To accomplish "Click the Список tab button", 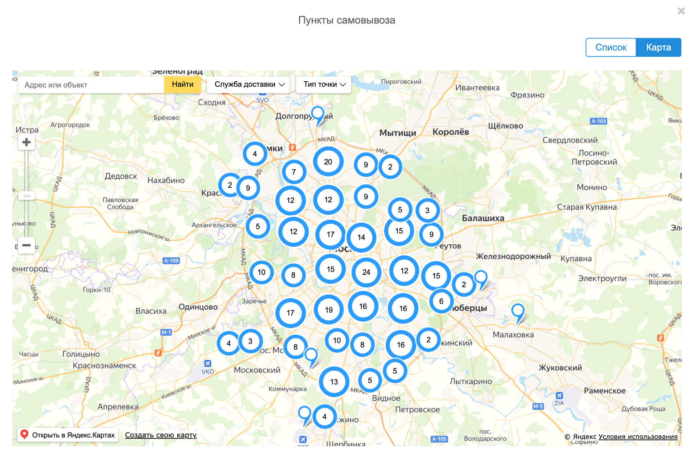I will [611, 48].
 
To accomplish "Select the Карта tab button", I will [658, 48].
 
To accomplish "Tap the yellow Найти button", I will [183, 85].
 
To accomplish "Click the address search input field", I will [91, 85].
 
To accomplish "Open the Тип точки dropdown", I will [324, 85].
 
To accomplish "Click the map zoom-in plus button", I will [26, 142].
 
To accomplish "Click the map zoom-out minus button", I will [26, 245].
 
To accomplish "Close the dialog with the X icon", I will [681, 11].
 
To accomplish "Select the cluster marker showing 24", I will [366, 272].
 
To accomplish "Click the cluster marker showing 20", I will [328, 162].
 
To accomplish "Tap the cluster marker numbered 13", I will [334, 382].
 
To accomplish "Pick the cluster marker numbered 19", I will [329, 310].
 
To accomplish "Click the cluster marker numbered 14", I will [361, 237].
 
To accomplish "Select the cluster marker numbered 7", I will [294, 172].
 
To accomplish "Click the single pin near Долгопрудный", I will [318, 113].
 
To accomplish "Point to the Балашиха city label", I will [483, 218].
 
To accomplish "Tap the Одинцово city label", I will [198, 307].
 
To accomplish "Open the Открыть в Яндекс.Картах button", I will [68, 435].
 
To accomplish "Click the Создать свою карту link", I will [161, 435].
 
